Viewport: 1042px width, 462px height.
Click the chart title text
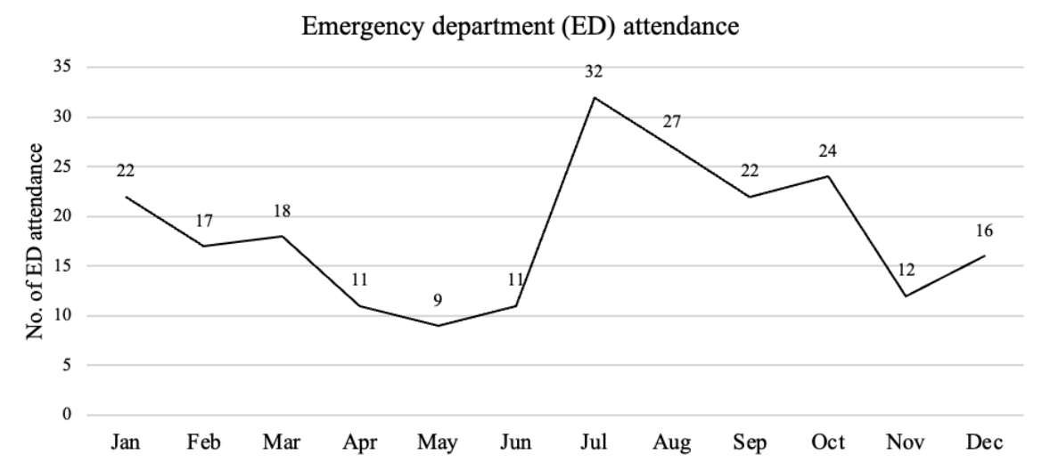click(521, 28)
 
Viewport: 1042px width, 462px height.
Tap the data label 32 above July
click(595, 72)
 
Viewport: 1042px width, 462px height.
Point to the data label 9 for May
click(438, 300)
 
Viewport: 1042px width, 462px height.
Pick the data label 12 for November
click(907, 270)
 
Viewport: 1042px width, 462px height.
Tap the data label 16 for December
click(983, 231)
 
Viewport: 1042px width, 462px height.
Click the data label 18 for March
click(282, 211)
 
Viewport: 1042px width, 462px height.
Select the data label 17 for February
click(204, 221)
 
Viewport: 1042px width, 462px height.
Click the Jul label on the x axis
click(595, 442)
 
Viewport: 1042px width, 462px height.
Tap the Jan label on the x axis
click(127, 442)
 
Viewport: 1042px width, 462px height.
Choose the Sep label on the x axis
click(751, 442)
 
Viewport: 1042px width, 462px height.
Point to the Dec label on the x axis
click(984, 442)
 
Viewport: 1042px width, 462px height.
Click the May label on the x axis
click(439, 442)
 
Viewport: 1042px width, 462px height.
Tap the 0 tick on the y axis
click(66, 415)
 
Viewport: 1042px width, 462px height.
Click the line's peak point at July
click(595, 97)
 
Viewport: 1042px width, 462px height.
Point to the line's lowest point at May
click(439, 326)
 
